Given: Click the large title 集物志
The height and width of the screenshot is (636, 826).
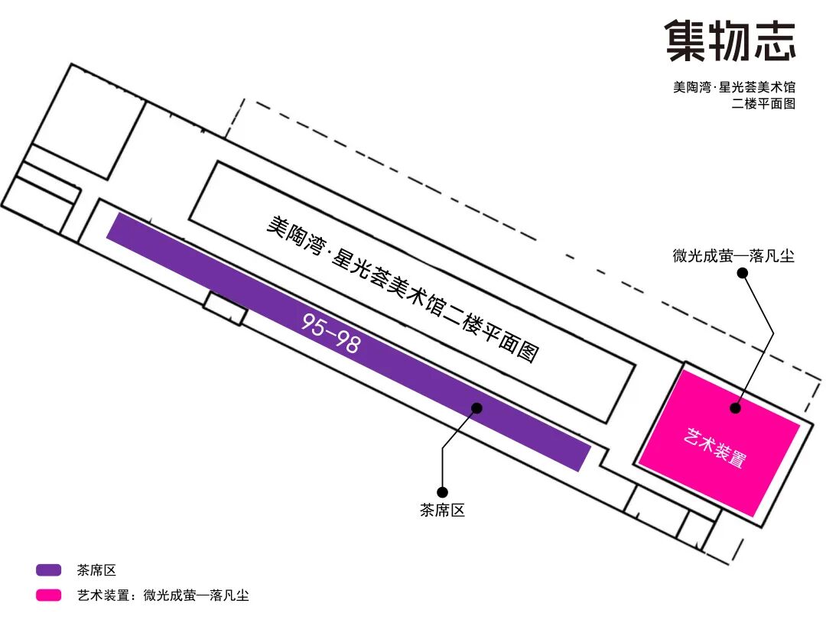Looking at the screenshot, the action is (x=730, y=41).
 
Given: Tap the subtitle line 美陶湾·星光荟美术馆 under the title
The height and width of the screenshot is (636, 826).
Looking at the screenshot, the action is (x=733, y=87).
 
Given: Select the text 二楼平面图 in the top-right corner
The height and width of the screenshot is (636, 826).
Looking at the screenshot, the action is (x=763, y=103).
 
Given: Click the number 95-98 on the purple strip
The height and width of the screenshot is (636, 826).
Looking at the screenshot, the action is (x=331, y=333).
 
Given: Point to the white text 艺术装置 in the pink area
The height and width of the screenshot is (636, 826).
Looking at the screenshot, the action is (x=715, y=447).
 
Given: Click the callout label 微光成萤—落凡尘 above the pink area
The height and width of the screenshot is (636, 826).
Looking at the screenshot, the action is (x=733, y=256).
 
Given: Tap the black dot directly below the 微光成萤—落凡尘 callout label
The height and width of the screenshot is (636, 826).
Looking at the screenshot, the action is (x=742, y=273).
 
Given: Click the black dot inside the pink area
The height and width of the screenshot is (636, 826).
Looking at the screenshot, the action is (x=736, y=407).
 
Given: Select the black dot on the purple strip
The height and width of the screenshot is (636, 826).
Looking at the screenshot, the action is (x=476, y=408).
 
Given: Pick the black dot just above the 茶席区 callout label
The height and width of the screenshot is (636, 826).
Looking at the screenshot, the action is (x=443, y=492).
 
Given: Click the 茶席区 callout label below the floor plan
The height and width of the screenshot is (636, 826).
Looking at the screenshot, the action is (x=443, y=510).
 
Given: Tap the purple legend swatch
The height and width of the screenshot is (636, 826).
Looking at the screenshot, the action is (x=48, y=569).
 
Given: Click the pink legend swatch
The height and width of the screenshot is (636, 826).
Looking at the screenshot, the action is (x=48, y=595).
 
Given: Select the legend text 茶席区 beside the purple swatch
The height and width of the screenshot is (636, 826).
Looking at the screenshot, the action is (x=96, y=569).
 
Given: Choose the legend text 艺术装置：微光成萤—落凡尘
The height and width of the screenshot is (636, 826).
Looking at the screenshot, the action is (x=164, y=595).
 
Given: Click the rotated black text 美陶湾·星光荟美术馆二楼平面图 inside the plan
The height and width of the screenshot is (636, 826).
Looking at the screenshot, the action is (x=403, y=288).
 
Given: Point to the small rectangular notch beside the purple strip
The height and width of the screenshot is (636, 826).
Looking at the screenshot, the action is (x=226, y=309).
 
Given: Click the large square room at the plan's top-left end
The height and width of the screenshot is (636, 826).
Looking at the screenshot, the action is (x=89, y=121).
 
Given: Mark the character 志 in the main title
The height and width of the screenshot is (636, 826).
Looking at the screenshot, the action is (x=775, y=41).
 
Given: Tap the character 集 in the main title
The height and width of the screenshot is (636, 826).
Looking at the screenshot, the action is (x=685, y=41).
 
